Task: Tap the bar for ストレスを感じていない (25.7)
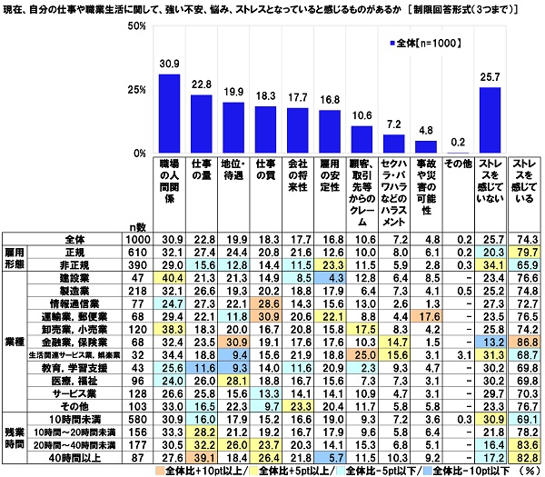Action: coord(490,119)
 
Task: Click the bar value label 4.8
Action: coord(425,130)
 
